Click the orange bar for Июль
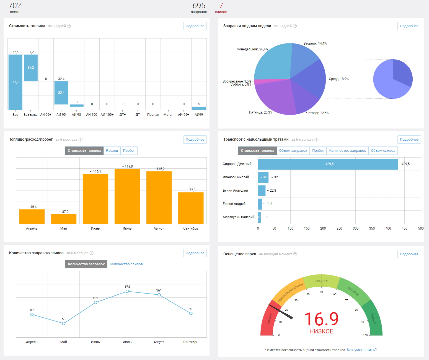coord(127,196)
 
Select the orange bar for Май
coord(64,219)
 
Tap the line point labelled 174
coord(127,291)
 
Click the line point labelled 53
coord(64,324)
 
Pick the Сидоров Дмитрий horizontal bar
coord(328,164)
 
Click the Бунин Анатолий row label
coord(235,190)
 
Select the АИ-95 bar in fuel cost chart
coord(61,93)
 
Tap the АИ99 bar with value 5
coord(199,108)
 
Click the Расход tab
coord(112,150)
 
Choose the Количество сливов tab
coord(126,264)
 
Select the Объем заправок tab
coord(293,150)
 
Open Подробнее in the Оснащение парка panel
coord(409,254)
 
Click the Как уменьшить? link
coord(362,350)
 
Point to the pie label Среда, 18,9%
coord(338,79)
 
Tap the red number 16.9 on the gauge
coord(321,319)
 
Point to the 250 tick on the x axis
coord(339,228)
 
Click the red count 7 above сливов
coord(221,6)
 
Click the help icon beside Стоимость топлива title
coord(69,26)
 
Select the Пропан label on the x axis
coord(153,115)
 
